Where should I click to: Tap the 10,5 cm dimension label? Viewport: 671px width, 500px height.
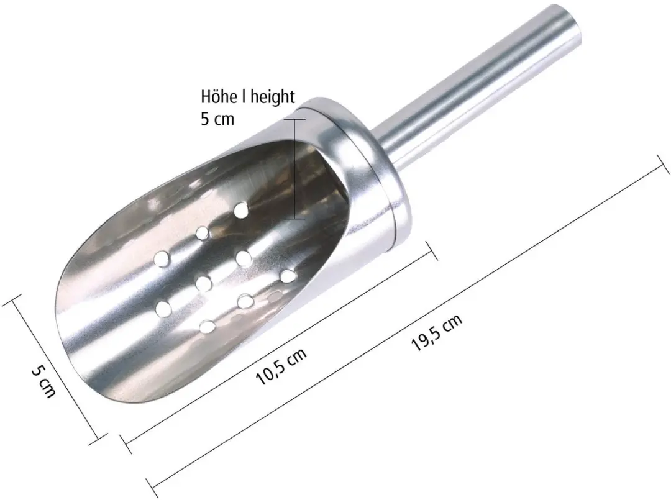281,366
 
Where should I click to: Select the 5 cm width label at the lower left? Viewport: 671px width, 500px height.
43,381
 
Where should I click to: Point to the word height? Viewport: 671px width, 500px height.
273,98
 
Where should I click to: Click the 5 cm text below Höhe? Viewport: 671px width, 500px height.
217,119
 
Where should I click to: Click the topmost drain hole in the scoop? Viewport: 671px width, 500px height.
241,209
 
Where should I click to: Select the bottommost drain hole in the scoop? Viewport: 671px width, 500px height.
208,326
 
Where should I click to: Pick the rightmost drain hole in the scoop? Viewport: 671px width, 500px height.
288,276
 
